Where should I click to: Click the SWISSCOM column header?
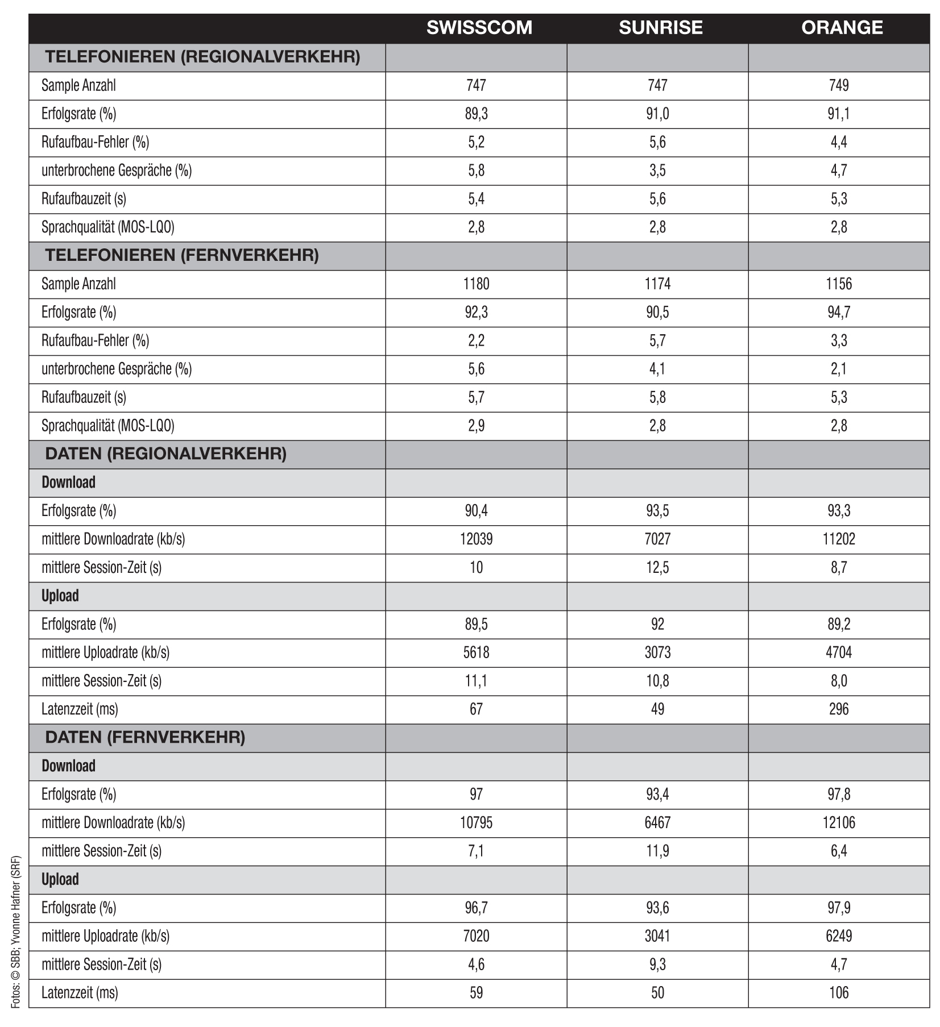479,28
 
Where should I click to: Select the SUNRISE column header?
660,28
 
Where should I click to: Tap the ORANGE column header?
842,28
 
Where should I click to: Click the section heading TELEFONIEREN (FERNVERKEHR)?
182,256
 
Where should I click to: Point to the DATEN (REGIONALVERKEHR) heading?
165,454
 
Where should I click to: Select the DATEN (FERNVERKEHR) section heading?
145,738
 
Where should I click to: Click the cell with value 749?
839,86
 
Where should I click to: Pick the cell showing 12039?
476,539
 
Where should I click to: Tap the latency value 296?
839,709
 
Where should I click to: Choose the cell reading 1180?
476,284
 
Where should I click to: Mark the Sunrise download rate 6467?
657,823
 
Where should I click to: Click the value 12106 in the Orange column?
839,823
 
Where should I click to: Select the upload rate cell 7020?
476,936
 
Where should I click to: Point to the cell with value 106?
839,993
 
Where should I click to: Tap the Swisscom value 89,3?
476,114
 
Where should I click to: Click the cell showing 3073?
657,652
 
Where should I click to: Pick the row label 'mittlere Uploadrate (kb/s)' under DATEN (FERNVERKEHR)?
105,936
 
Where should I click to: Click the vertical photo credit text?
16,932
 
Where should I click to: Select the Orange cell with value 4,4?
839,143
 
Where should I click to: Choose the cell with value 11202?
839,539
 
